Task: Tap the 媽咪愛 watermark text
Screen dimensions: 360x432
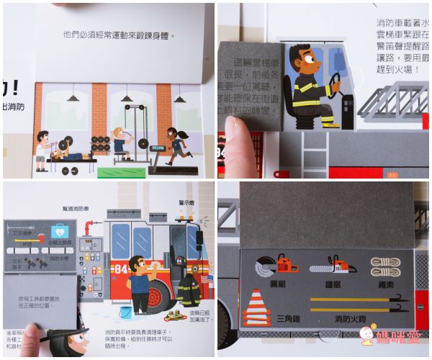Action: (x=400, y=343)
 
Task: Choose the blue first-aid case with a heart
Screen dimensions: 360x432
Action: (x=59, y=230)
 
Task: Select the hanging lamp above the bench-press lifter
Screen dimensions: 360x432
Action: (x=73, y=96)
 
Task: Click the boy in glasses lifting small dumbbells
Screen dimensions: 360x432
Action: (x=42, y=148)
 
